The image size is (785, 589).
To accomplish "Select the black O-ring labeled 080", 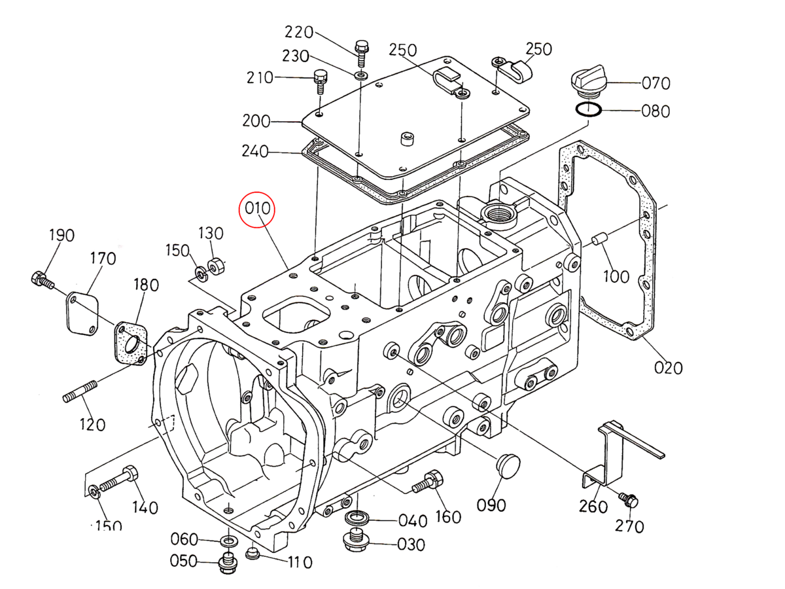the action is point(588,109).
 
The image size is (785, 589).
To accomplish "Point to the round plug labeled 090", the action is point(508,466).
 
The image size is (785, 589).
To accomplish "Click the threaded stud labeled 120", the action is point(80,392).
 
